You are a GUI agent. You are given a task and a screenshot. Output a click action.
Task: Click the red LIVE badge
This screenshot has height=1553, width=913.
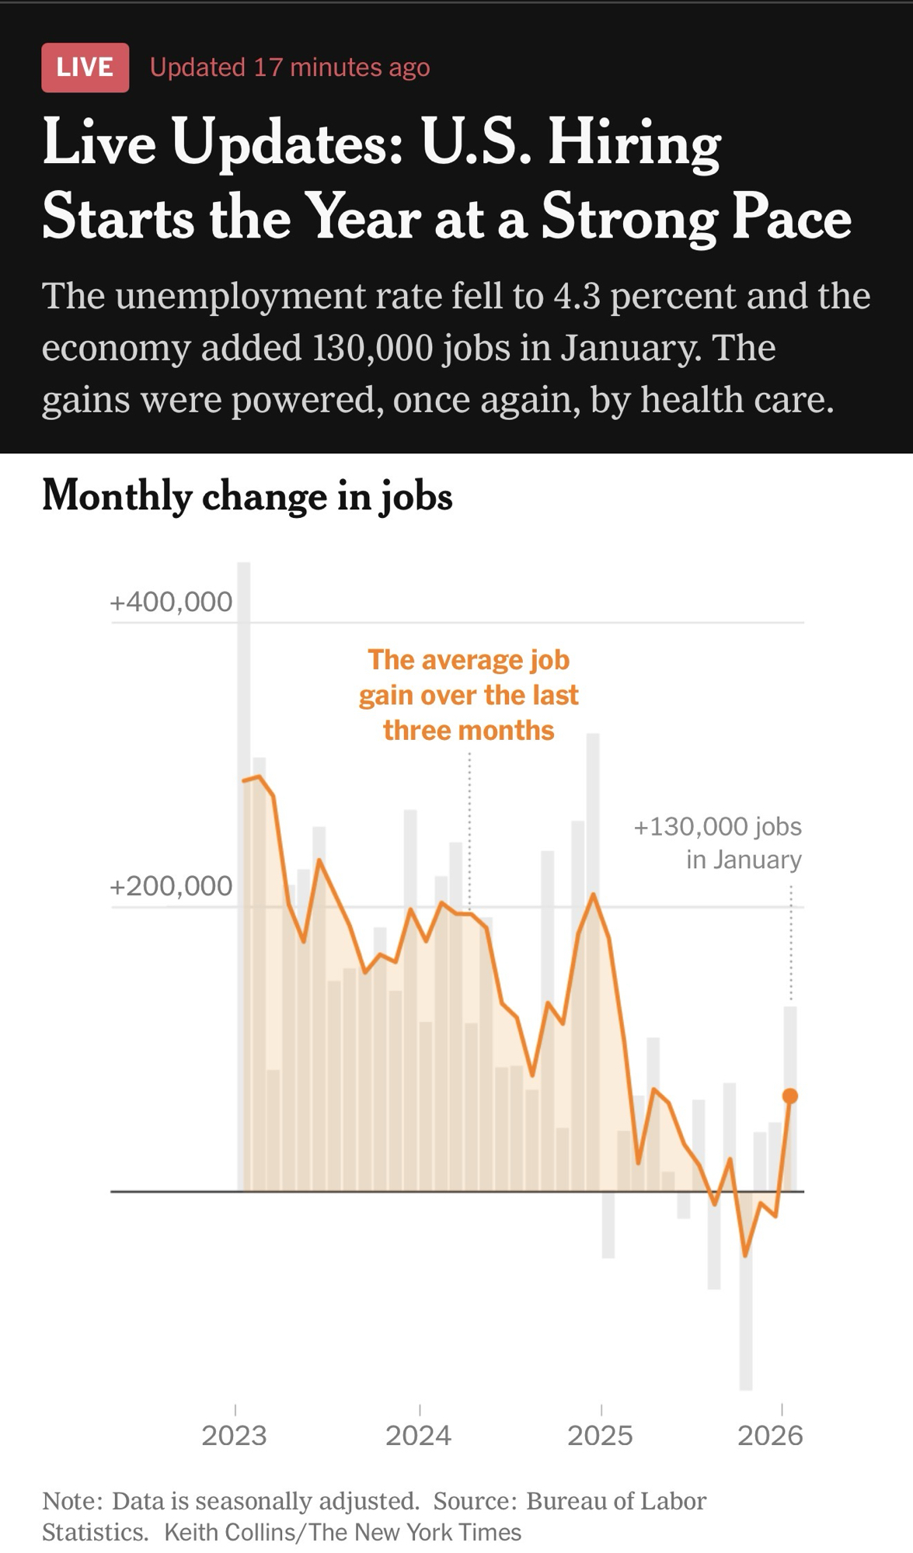point(85,68)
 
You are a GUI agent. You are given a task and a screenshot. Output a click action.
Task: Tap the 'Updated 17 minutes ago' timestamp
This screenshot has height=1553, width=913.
point(289,68)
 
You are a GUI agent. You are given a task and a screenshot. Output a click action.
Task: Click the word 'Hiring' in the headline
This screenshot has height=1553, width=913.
point(634,144)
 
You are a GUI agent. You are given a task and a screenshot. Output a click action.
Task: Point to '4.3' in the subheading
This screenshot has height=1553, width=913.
point(577,297)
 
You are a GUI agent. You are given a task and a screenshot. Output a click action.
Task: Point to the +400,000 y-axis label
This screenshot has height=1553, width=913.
point(171,602)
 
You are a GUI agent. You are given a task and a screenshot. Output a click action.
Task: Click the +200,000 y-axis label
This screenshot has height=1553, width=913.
point(171,886)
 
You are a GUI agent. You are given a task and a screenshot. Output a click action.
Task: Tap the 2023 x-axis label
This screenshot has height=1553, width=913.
point(234,1436)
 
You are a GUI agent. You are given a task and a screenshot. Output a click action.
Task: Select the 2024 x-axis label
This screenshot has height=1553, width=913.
point(418,1436)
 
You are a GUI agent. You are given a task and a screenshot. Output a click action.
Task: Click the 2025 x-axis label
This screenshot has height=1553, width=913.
point(600,1436)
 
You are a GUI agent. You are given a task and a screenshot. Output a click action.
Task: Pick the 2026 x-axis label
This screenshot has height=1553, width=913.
point(770,1436)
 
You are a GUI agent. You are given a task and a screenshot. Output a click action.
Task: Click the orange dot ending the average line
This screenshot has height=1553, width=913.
point(790,1096)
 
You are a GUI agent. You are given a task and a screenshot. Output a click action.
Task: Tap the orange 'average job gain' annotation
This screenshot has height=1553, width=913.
point(469,695)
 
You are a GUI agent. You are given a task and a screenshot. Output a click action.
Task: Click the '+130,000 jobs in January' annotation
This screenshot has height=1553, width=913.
point(718,843)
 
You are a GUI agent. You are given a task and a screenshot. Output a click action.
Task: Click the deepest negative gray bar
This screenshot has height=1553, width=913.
point(746,1320)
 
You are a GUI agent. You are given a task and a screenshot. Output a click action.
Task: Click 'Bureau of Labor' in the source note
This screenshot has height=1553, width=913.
point(616,1501)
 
